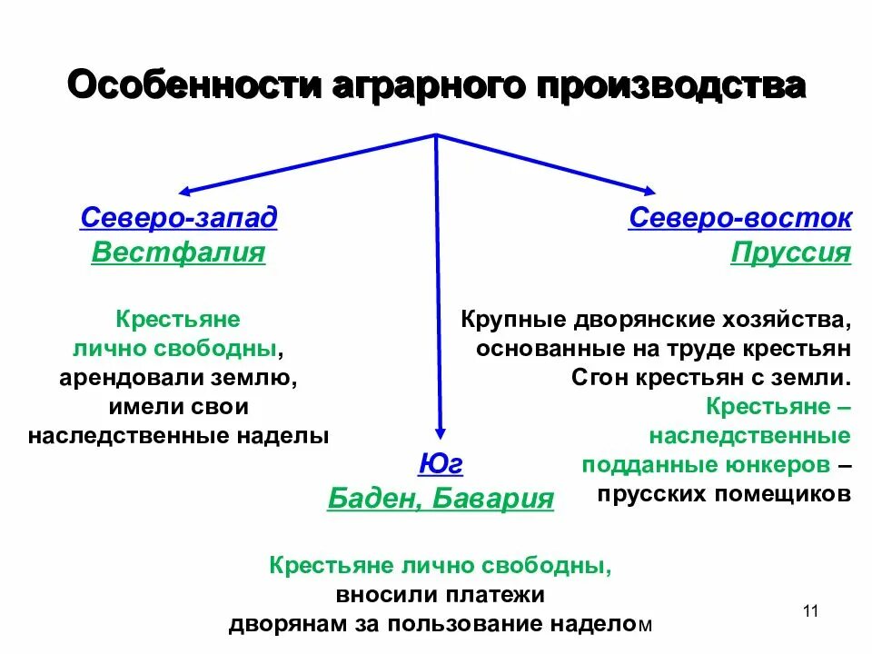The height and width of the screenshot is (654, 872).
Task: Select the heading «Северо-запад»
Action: tap(179, 218)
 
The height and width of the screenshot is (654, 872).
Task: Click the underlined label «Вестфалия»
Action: tap(179, 252)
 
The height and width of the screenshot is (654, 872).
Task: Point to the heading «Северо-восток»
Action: tap(739, 218)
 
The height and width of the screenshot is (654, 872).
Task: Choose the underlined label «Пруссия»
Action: tap(790, 252)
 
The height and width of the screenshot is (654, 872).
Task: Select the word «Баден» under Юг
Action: tap(372, 498)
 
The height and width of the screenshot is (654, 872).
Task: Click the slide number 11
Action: tap(811, 611)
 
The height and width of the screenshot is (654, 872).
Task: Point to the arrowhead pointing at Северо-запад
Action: tap(184, 191)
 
